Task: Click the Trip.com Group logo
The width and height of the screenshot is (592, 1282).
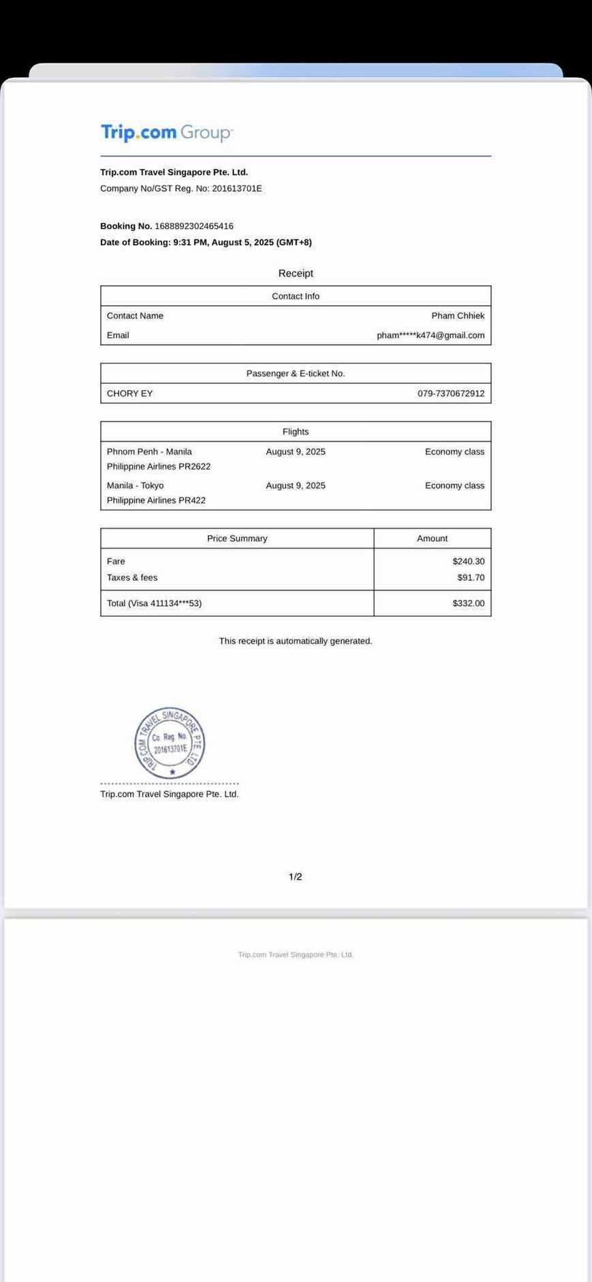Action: click(x=166, y=132)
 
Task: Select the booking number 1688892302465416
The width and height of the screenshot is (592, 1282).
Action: click(x=194, y=226)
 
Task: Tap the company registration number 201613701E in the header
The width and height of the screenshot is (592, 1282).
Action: click(x=236, y=189)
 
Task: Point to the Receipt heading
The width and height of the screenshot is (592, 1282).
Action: click(x=296, y=273)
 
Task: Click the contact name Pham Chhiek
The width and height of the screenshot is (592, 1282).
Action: click(x=458, y=316)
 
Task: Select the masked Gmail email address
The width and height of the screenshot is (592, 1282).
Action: click(x=431, y=335)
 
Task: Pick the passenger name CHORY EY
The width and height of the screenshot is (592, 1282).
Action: click(x=130, y=394)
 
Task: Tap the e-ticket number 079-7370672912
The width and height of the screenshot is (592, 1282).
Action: click(x=451, y=394)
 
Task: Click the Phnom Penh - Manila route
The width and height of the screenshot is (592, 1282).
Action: click(x=149, y=452)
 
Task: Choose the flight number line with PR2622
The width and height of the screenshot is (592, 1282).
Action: click(x=159, y=467)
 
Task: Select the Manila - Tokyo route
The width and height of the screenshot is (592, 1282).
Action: click(x=136, y=486)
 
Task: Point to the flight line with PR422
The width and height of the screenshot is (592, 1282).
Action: click(x=156, y=501)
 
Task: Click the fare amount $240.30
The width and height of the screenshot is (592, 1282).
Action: click(x=468, y=562)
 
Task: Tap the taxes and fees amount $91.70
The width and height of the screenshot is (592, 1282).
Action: click(x=471, y=578)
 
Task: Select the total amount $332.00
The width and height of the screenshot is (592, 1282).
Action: click(x=468, y=604)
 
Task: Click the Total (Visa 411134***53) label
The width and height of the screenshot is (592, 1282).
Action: click(x=154, y=604)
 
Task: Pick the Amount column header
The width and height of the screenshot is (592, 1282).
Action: click(x=432, y=539)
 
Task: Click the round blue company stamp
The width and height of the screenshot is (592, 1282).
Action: click(x=170, y=743)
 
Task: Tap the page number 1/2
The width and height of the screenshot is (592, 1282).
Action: click(x=296, y=877)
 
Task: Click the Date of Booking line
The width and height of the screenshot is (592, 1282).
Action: click(x=206, y=243)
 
